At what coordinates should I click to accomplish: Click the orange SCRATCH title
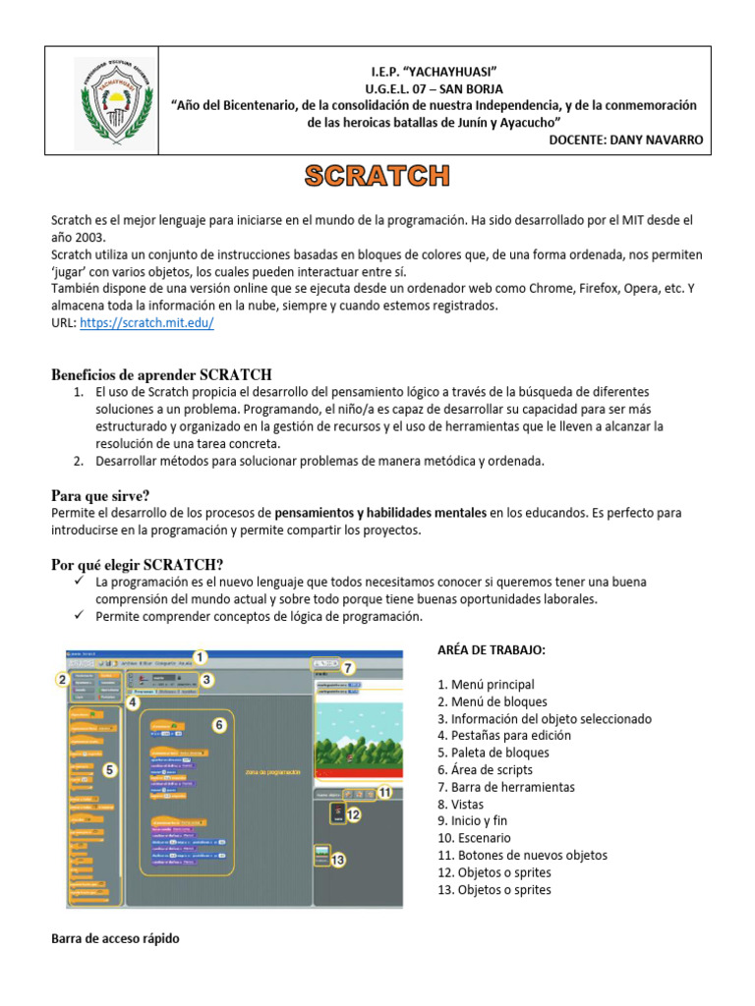point(377,177)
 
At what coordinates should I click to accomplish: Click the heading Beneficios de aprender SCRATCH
point(160,375)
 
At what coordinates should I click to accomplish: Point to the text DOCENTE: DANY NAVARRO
point(625,140)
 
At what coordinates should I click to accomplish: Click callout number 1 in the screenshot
point(200,657)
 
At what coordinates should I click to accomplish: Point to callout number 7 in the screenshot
point(348,668)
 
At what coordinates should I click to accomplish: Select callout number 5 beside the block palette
point(109,770)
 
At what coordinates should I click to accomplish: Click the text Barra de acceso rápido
point(115,939)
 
